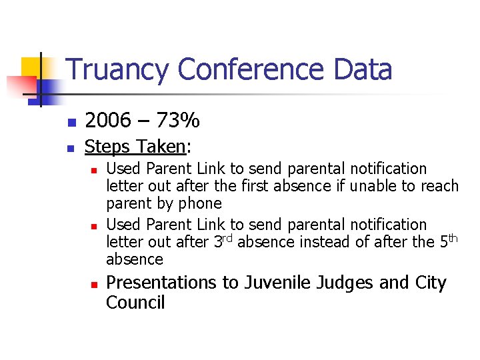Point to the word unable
(376, 186)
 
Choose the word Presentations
(163, 283)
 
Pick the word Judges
(345, 283)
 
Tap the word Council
(135, 303)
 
